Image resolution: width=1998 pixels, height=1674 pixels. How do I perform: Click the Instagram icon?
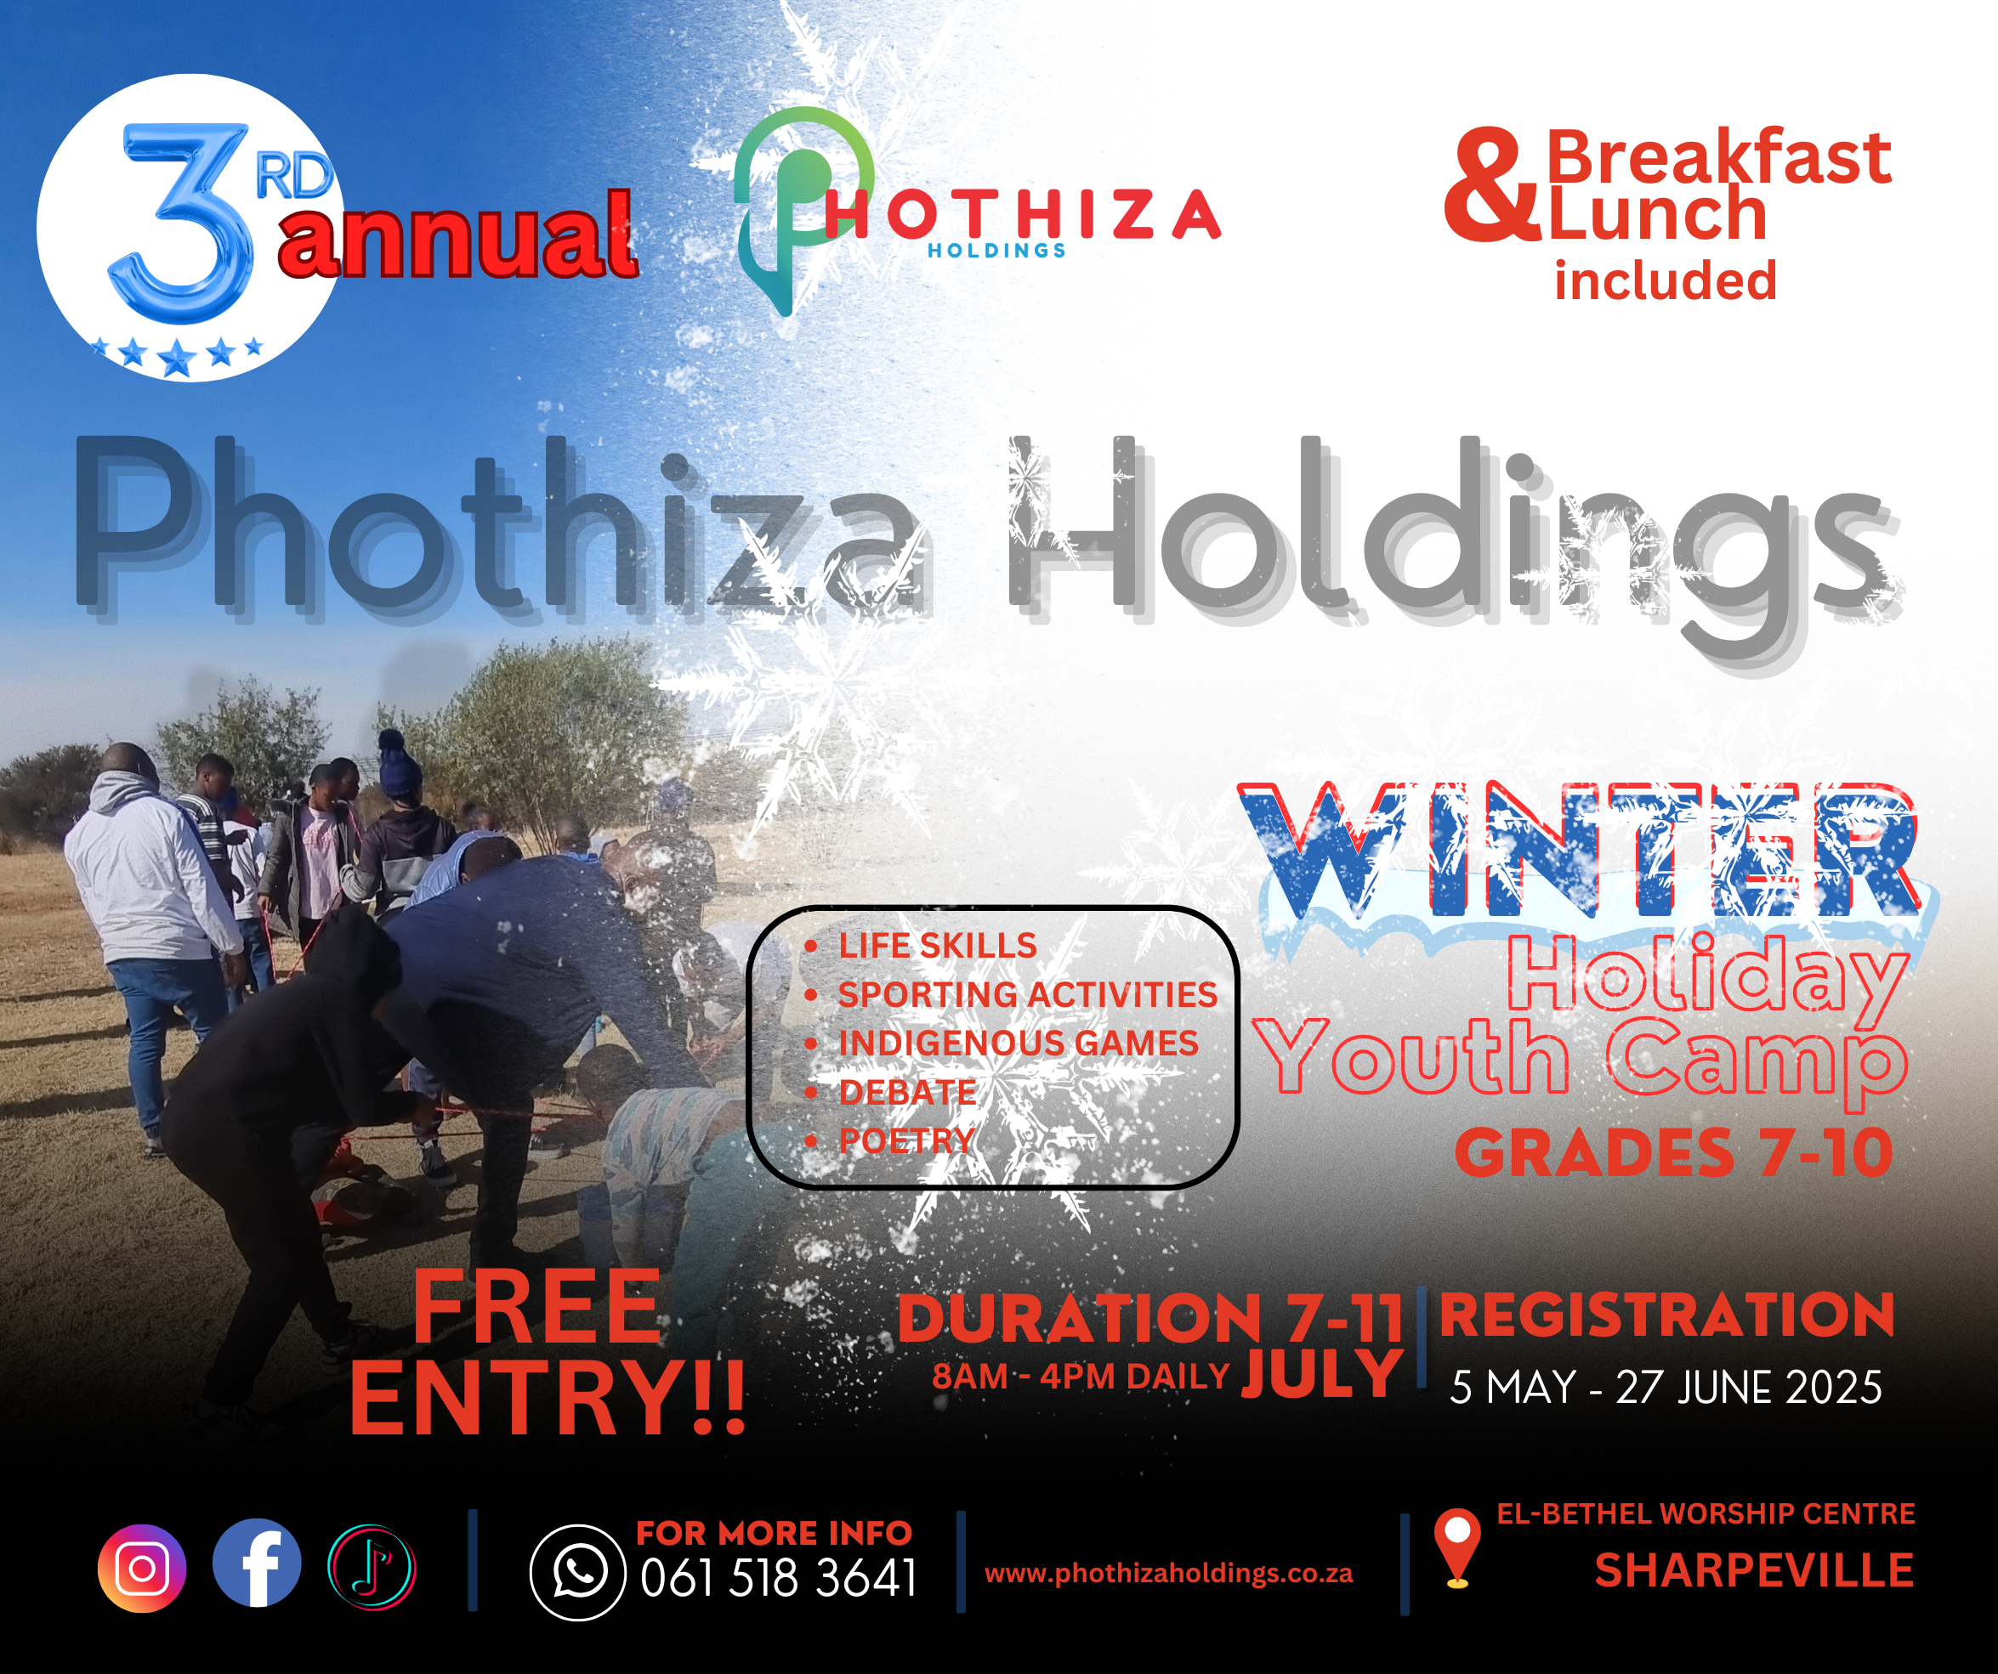pos(142,1569)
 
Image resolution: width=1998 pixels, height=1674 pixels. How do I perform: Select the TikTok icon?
pos(372,1568)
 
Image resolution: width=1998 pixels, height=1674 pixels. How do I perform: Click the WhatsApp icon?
pos(577,1572)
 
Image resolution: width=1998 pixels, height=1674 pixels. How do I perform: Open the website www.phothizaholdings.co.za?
pos(1168,1573)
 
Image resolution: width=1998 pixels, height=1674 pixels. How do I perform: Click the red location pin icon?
pos(1456,1548)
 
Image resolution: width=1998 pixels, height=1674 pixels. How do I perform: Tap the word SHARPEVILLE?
pos(1753,1570)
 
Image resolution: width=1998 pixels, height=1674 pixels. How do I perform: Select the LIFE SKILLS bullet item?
pos(937,946)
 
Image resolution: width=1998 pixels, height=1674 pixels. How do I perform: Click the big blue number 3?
pos(181,222)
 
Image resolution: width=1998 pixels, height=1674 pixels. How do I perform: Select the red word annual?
pos(457,233)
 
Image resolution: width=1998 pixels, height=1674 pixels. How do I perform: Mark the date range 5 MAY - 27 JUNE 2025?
pos(1666,1388)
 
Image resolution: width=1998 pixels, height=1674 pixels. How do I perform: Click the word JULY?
pos(1321,1372)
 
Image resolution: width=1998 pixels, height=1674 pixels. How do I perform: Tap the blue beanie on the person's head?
pos(399,761)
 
